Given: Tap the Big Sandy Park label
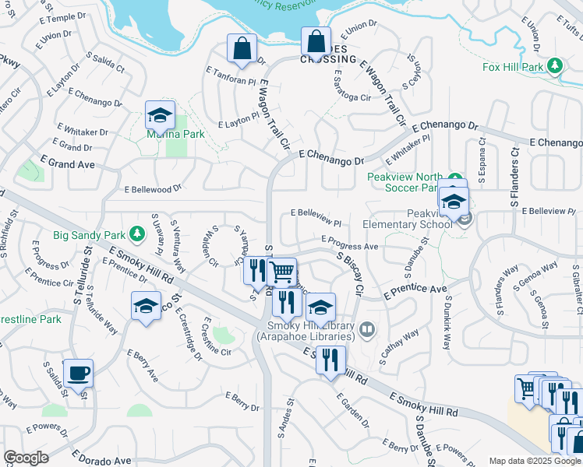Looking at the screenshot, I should click(x=88, y=233).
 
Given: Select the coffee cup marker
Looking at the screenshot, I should click(x=77, y=374).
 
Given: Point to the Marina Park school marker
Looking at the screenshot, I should click(x=160, y=116).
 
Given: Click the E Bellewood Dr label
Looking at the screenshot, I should click(x=153, y=188).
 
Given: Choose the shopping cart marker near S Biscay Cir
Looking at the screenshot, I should click(x=281, y=272).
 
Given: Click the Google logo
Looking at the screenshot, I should click(x=26, y=458).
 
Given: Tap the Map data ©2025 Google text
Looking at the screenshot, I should click(x=535, y=461).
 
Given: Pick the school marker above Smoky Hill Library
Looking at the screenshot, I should click(x=320, y=307).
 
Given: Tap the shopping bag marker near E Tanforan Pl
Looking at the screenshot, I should click(x=242, y=47).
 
